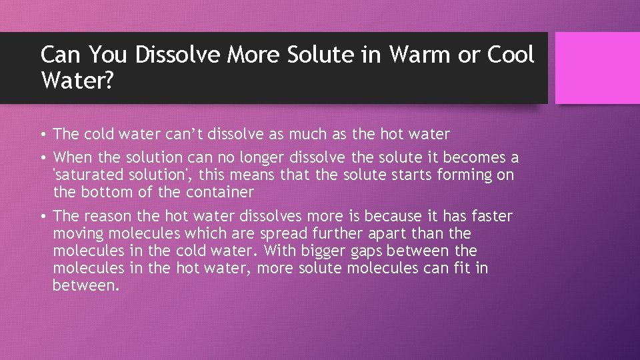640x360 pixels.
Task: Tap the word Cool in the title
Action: [x=511, y=55]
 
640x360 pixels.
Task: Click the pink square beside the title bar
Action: [x=597, y=67]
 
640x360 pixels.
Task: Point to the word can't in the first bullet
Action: [x=182, y=134]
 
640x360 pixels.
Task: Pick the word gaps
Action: [x=382, y=251]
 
